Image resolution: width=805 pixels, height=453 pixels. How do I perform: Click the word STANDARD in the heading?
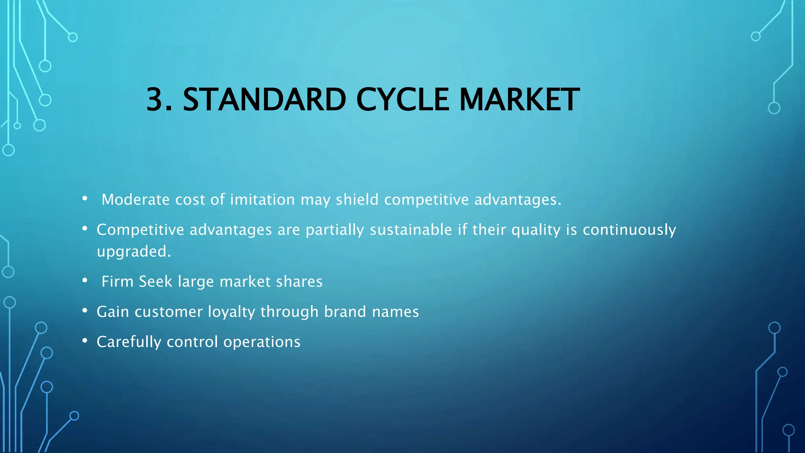[264, 99]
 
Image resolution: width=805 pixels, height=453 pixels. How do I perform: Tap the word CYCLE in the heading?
[402, 99]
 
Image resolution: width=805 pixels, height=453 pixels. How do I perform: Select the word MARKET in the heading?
[519, 99]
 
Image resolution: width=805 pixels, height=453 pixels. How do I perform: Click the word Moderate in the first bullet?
[136, 200]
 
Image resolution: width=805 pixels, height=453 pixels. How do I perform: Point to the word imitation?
[262, 200]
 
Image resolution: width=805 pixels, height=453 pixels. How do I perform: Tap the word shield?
[357, 200]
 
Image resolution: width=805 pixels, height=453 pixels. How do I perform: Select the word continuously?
[629, 230]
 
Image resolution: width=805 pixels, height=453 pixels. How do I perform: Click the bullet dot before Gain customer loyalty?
[85, 311]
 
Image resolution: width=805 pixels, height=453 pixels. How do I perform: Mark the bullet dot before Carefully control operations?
[85, 341]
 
